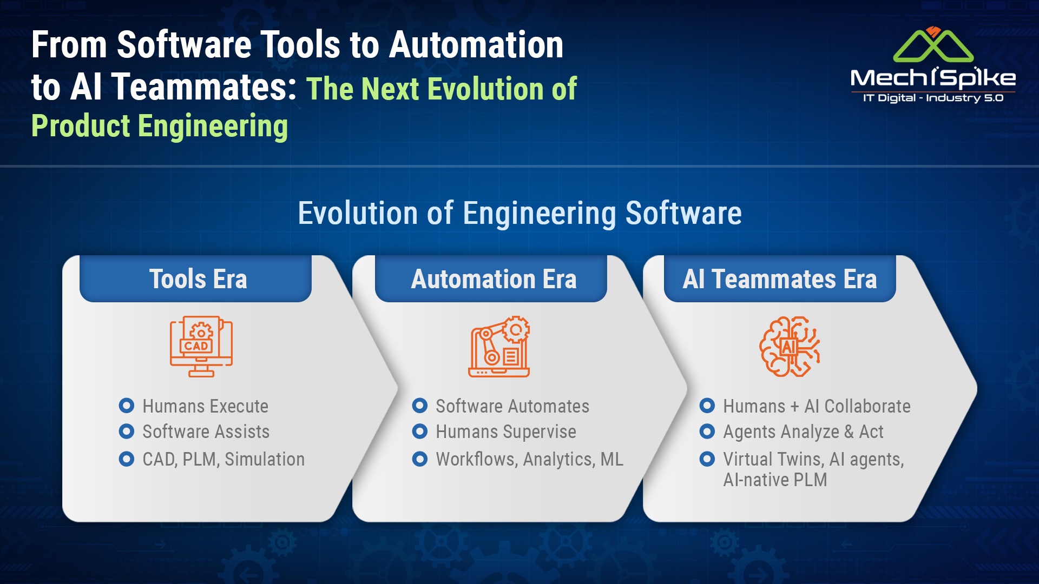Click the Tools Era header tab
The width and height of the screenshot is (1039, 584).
pos(195,278)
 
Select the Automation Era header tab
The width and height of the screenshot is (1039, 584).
pos(491,278)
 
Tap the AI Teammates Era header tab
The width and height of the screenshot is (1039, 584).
pos(780,278)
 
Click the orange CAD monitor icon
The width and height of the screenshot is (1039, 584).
pos(201,346)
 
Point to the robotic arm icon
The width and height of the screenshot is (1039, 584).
pos(499,346)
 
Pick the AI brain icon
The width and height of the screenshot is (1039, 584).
pos(790,346)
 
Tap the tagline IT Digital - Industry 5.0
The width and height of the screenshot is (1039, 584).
pos(933,98)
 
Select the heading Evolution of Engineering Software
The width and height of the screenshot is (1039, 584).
pos(519,213)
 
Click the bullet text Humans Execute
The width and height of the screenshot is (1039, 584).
pos(205,406)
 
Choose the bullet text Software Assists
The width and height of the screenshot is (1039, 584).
pos(206,432)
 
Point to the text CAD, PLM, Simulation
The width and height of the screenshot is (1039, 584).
pos(223,459)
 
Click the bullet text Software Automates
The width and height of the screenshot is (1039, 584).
pos(512,406)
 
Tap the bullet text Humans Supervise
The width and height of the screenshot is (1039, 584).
pos(506,432)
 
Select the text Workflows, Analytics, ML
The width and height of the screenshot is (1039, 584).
pos(530,459)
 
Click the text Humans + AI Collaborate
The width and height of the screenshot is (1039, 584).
pos(817,406)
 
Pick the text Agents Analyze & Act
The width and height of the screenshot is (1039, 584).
pos(804,432)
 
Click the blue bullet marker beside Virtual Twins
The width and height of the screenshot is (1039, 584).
pos(707,459)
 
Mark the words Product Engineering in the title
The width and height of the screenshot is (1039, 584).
pos(160,127)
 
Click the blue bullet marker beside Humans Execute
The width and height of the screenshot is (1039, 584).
pos(127,406)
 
